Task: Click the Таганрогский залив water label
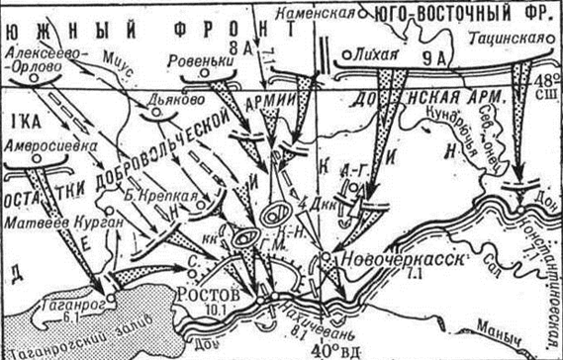point(60,350)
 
